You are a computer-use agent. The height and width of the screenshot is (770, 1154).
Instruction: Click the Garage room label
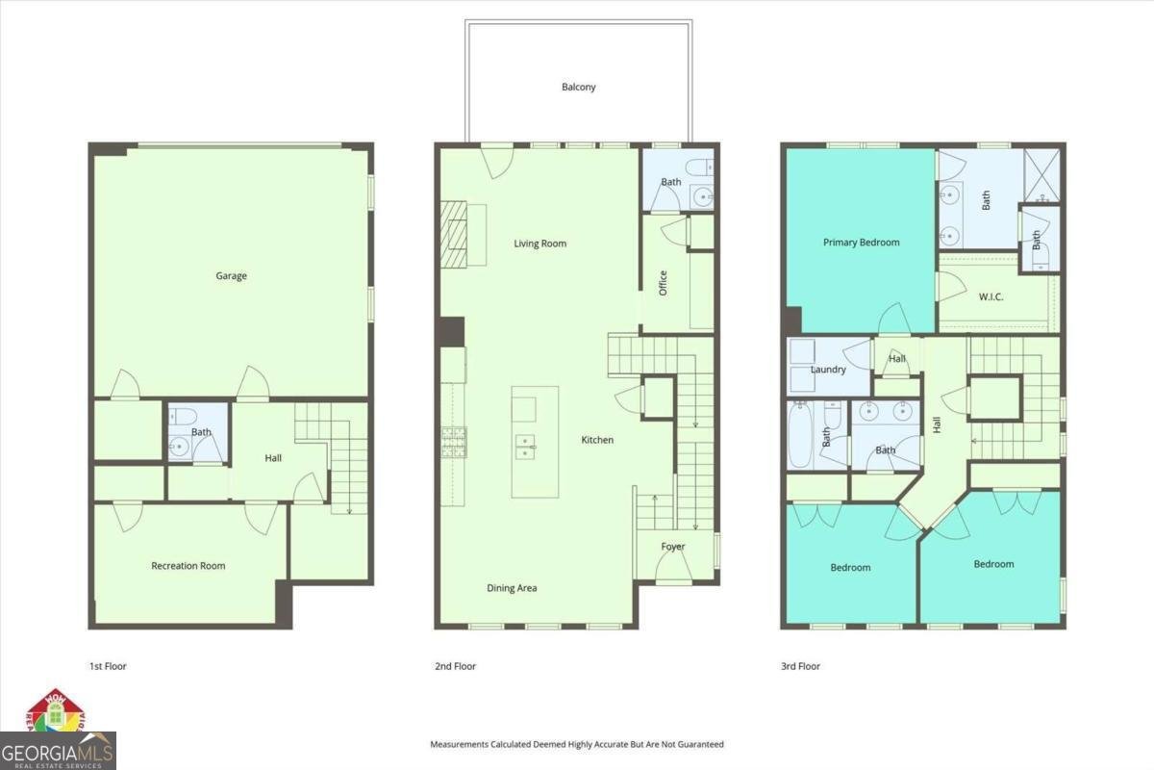tap(231, 276)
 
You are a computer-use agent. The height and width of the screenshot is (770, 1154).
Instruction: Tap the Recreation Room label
tap(188, 566)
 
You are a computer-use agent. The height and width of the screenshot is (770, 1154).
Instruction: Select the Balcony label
tap(579, 87)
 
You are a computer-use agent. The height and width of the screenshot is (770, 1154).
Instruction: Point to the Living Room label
tap(539, 244)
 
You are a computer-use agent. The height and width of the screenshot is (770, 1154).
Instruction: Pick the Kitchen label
tap(597, 440)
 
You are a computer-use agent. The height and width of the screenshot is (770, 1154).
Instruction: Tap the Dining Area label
tap(512, 588)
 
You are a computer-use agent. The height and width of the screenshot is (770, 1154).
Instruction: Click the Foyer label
tap(673, 547)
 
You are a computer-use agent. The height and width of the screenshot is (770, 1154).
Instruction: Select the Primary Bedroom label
tap(861, 243)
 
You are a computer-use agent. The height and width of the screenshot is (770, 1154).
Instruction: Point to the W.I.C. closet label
tap(991, 296)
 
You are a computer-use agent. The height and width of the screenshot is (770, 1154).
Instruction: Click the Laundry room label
tap(828, 370)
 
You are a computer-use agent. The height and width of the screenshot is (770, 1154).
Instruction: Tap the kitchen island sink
tap(525, 444)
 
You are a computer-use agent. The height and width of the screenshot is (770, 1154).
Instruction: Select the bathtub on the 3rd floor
tap(799, 434)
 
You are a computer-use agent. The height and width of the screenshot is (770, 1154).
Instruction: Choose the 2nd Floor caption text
tap(455, 666)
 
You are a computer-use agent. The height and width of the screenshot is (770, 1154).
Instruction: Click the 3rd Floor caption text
tap(800, 666)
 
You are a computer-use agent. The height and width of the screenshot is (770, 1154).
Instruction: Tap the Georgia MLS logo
tap(58, 749)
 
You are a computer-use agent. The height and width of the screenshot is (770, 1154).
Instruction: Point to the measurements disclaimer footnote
tap(576, 744)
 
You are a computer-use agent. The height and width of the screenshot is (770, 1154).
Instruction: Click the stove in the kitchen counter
tap(454, 441)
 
